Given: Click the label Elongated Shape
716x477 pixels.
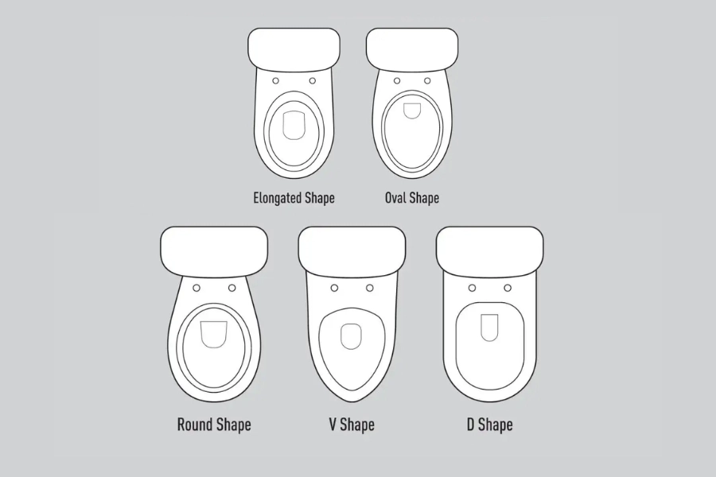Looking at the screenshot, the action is (x=294, y=198).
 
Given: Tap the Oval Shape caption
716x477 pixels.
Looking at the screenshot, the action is (x=412, y=198).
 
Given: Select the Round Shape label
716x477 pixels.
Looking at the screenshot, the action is (x=214, y=425).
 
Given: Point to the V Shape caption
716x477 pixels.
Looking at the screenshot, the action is (x=352, y=425).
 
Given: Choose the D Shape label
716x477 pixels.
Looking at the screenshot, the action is (x=489, y=425).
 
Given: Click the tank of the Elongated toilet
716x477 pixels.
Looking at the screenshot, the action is (x=294, y=48).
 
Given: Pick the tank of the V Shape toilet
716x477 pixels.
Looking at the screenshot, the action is (x=352, y=250).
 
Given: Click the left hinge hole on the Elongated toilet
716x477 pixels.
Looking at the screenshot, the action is (x=276, y=81).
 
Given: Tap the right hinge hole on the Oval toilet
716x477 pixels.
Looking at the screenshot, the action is (x=427, y=81).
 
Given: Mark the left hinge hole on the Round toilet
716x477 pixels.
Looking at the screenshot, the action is (x=197, y=288).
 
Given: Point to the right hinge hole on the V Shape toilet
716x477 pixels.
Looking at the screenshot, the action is (x=370, y=288).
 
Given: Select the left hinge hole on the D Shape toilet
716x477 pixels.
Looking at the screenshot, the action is (x=472, y=288).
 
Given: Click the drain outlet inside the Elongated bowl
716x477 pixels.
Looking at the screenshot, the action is (x=294, y=125).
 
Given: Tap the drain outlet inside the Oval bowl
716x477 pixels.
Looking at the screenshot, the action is (x=412, y=111).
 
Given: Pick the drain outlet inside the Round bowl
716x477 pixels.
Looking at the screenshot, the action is (x=214, y=335).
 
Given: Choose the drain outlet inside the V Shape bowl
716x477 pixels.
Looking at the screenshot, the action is (x=351, y=336).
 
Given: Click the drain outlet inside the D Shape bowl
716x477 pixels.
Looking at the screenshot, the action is (x=489, y=328).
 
